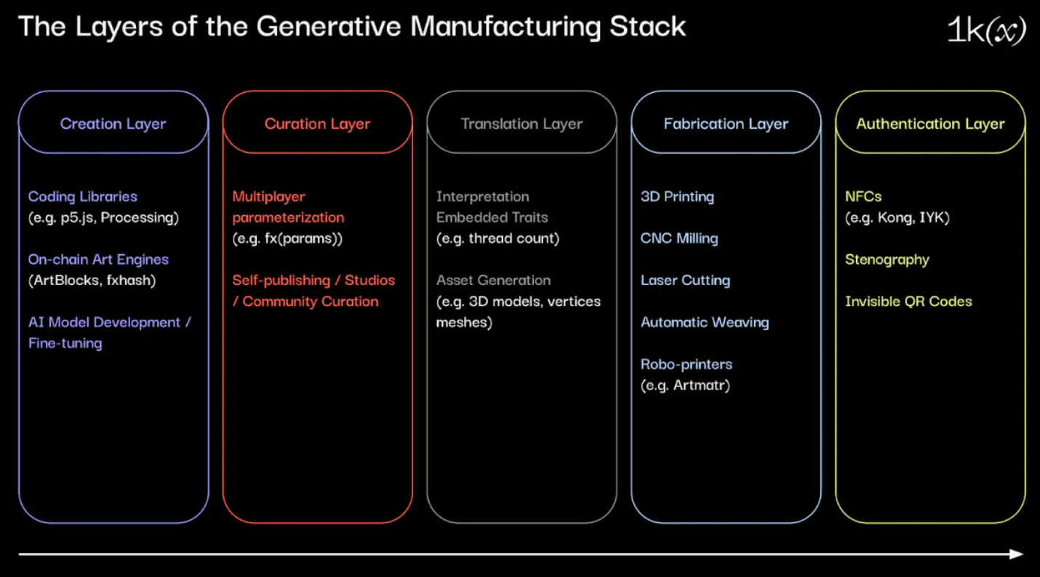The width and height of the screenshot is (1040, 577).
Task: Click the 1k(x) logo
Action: click(x=986, y=30)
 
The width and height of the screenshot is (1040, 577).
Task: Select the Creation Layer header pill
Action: click(x=113, y=124)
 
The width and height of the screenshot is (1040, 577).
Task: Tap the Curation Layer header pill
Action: click(x=317, y=124)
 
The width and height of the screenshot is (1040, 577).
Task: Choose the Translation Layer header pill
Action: click(x=521, y=124)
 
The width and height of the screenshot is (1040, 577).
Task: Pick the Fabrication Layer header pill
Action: click(x=726, y=124)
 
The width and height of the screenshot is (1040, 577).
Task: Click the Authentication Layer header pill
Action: click(x=930, y=124)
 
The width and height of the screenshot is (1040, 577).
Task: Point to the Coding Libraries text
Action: click(x=83, y=196)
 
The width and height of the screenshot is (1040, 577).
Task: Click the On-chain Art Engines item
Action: click(x=98, y=259)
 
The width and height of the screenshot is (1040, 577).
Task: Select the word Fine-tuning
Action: click(x=65, y=343)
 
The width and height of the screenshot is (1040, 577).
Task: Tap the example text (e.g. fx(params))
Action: click(x=287, y=238)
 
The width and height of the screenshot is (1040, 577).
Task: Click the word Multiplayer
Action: click(x=269, y=196)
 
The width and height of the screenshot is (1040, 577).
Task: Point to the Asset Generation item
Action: click(x=493, y=280)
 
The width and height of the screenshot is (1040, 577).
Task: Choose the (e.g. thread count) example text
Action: click(x=497, y=238)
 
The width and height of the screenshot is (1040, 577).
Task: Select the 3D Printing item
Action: click(x=677, y=196)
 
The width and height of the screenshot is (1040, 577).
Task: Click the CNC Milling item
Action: click(x=679, y=238)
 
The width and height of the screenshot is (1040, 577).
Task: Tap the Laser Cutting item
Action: click(x=685, y=280)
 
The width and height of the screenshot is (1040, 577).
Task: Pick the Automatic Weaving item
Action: click(x=705, y=322)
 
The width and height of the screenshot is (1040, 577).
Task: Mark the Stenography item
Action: click(x=887, y=259)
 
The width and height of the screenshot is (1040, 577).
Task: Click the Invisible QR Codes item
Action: click(x=908, y=301)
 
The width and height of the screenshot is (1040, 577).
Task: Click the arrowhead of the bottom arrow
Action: click(x=1018, y=554)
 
